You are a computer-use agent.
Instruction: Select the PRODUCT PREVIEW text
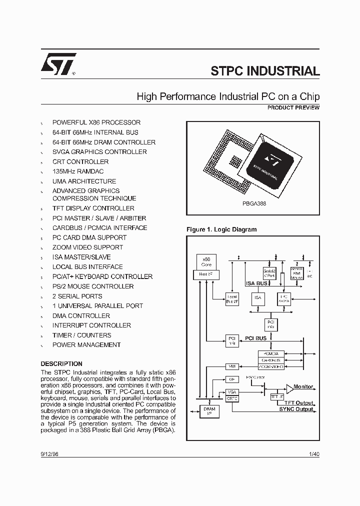click(293, 107)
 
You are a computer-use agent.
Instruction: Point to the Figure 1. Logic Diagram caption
click(221, 229)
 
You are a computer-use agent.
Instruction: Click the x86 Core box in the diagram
click(206, 262)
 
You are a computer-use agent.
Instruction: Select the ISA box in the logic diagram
click(258, 298)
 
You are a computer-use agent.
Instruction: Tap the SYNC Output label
click(296, 409)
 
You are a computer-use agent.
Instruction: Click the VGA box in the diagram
click(231, 391)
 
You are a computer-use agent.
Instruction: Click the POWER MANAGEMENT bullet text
click(86, 345)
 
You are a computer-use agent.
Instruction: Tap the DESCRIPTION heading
click(61, 364)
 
